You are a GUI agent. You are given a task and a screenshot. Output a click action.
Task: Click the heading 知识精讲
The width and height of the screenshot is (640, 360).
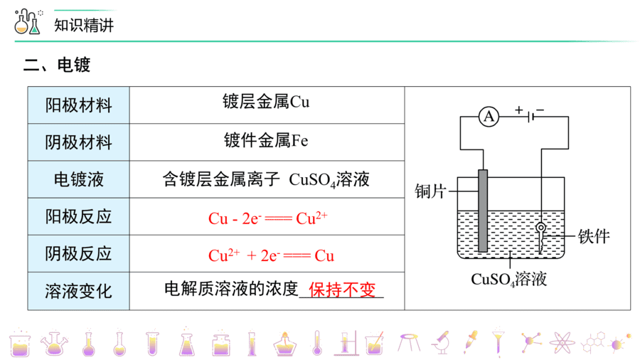(84, 26)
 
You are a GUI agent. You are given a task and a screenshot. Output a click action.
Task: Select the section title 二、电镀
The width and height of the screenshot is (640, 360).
(57, 65)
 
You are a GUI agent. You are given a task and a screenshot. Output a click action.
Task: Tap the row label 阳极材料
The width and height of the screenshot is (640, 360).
(78, 105)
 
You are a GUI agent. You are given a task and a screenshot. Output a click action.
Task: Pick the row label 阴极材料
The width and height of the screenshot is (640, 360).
(78, 142)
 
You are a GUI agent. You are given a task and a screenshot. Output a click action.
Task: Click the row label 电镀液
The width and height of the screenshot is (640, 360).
(78, 179)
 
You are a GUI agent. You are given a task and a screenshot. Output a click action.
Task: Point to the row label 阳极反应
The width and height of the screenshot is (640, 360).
(78, 217)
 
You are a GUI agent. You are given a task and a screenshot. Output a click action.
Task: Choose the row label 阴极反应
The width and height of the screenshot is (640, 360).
(78, 254)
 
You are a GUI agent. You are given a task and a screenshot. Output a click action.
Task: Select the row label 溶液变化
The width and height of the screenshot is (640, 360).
(78, 292)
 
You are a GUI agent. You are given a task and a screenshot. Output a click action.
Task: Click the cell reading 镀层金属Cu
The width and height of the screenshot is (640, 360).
(266, 102)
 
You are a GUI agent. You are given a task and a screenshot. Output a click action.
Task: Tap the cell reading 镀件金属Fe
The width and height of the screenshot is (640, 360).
(266, 140)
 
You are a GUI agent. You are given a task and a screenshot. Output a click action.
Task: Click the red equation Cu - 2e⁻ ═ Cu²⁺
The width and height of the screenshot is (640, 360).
(268, 218)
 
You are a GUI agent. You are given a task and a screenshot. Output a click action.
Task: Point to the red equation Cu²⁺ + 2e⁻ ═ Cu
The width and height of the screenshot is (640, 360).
(271, 255)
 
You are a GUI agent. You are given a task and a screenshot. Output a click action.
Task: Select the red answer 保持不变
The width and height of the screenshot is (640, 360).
(342, 290)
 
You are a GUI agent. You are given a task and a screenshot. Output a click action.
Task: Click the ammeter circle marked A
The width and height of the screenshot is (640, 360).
(489, 117)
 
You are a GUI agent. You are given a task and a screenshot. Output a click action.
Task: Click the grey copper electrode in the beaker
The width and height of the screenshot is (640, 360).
(483, 211)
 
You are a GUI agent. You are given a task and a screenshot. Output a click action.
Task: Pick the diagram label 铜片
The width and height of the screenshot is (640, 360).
(431, 191)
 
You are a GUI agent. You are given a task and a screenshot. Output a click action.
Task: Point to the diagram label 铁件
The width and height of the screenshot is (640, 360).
(594, 236)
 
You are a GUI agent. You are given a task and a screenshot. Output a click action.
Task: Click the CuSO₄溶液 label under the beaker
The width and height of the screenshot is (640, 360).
(508, 280)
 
